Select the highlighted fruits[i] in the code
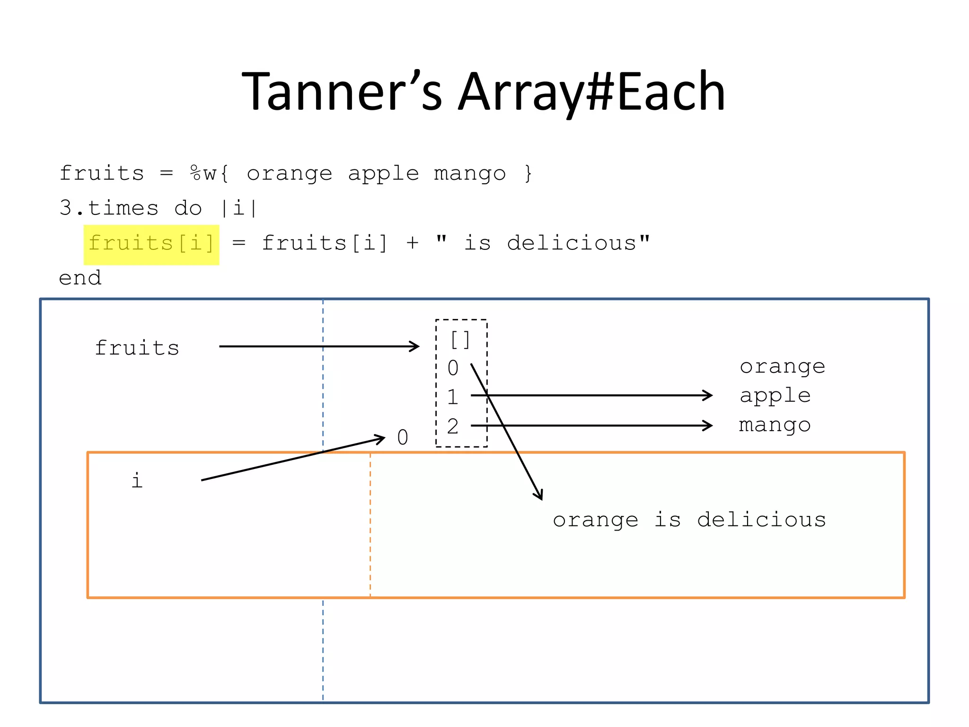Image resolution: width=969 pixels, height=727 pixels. (x=151, y=244)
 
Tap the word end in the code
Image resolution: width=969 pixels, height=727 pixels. (x=80, y=278)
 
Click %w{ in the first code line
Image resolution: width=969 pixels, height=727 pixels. (x=209, y=174)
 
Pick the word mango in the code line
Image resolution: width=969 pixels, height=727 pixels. (x=469, y=174)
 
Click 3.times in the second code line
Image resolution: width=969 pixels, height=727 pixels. (x=109, y=208)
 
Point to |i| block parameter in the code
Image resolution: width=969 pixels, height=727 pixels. (x=238, y=208)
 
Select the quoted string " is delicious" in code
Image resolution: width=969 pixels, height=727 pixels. (x=543, y=243)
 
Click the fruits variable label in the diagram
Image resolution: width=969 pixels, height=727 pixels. (x=137, y=348)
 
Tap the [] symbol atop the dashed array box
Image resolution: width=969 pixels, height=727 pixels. (x=460, y=340)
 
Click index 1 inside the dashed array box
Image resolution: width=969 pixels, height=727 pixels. (x=453, y=397)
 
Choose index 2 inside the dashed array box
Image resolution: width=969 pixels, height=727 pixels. (x=453, y=426)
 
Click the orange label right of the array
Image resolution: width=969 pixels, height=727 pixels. (x=782, y=367)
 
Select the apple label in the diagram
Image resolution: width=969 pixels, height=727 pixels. (x=775, y=396)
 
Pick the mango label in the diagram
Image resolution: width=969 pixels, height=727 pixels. (x=775, y=425)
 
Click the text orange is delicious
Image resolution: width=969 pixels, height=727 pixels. (x=689, y=520)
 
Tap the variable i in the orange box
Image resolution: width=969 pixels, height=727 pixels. (x=137, y=481)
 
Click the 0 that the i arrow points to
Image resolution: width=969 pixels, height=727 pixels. (x=403, y=438)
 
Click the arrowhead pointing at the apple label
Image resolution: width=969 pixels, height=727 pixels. (x=708, y=395)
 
